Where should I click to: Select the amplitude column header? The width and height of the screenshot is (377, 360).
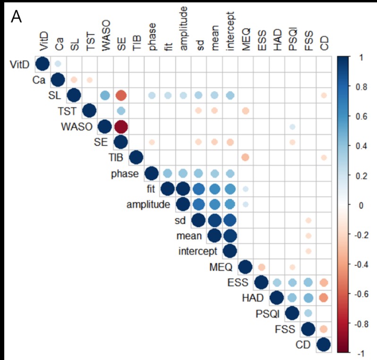pos(183,28)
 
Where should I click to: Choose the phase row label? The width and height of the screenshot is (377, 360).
pos(124,173)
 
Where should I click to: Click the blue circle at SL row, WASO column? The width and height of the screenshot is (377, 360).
pos(104,95)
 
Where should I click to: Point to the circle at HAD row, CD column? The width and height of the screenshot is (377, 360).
pos(324,298)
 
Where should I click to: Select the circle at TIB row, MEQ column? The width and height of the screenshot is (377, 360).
pos(245,158)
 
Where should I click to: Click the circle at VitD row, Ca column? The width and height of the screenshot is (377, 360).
pos(58,64)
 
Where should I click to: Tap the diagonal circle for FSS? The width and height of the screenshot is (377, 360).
pos(308,329)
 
